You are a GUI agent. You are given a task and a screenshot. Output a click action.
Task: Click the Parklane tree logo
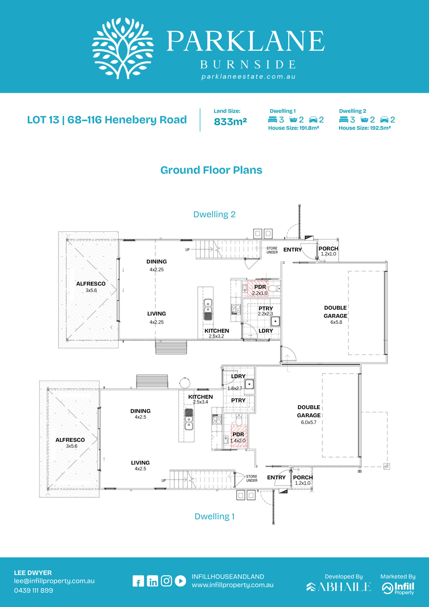pos(123,48)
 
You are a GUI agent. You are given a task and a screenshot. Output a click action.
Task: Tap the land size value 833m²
pos(230,122)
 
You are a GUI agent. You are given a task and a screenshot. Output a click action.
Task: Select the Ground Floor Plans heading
pos(211,170)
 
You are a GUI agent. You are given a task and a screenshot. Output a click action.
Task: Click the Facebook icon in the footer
pos(138,581)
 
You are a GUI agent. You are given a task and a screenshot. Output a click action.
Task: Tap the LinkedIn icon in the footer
pos(152,581)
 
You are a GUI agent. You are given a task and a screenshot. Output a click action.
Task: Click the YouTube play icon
pos(181,581)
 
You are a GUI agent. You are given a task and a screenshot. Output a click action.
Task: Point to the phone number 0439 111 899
pos(34,590)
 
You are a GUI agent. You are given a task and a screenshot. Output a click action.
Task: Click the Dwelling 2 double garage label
pos(335,312)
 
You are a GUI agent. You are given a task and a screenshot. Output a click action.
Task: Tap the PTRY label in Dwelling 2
pos(266,308)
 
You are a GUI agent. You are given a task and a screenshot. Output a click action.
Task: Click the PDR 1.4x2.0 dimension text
pos(238,441)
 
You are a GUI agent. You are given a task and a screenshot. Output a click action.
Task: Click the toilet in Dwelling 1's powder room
pos(239,419)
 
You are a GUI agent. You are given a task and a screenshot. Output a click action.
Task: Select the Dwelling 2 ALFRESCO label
pos(91,284)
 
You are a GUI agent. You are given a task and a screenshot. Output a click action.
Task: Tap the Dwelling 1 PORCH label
pos(303,478)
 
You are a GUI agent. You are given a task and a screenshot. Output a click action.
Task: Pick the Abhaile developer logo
pos(339,587)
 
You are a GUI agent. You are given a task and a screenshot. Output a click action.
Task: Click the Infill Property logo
pos(398,588)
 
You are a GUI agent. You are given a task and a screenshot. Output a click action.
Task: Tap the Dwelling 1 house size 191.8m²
pos(293,128)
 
